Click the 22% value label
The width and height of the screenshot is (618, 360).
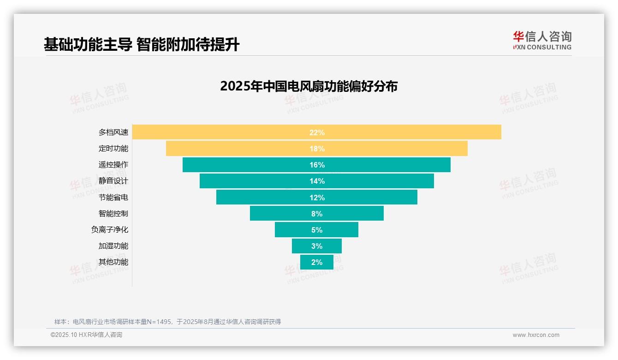coord(317,132)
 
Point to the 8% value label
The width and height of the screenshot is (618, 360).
coord(317,214)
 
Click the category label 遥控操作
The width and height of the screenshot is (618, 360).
coord(113,165)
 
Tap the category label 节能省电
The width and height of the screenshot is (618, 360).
coord(113,198)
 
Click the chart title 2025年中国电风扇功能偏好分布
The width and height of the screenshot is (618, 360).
coord(309,86)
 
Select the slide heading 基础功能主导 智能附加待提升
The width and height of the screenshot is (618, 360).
coord(141,45)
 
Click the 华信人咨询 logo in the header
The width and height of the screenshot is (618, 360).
coord(542,40)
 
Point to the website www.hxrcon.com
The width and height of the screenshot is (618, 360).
coord(536,335)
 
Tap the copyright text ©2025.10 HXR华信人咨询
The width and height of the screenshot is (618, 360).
coord(86,335)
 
